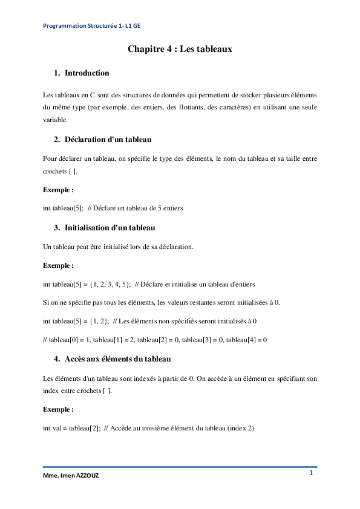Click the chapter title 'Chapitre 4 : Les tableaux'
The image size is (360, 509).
(x=180, y=49)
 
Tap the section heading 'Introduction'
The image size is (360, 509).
(x=87, y=73)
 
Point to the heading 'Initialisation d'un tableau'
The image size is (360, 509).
(x=110, y=228)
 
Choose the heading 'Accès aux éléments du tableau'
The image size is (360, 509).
(x=117, y=359)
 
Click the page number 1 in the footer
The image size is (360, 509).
(x=311, y=473)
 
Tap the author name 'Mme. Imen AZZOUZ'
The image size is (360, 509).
(x=71, y=476)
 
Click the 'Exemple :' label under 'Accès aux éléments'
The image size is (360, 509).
(x=58, y=409)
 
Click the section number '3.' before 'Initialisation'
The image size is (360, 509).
(x=57, y=228)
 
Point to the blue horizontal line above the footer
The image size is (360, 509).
(x=180, y=467)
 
